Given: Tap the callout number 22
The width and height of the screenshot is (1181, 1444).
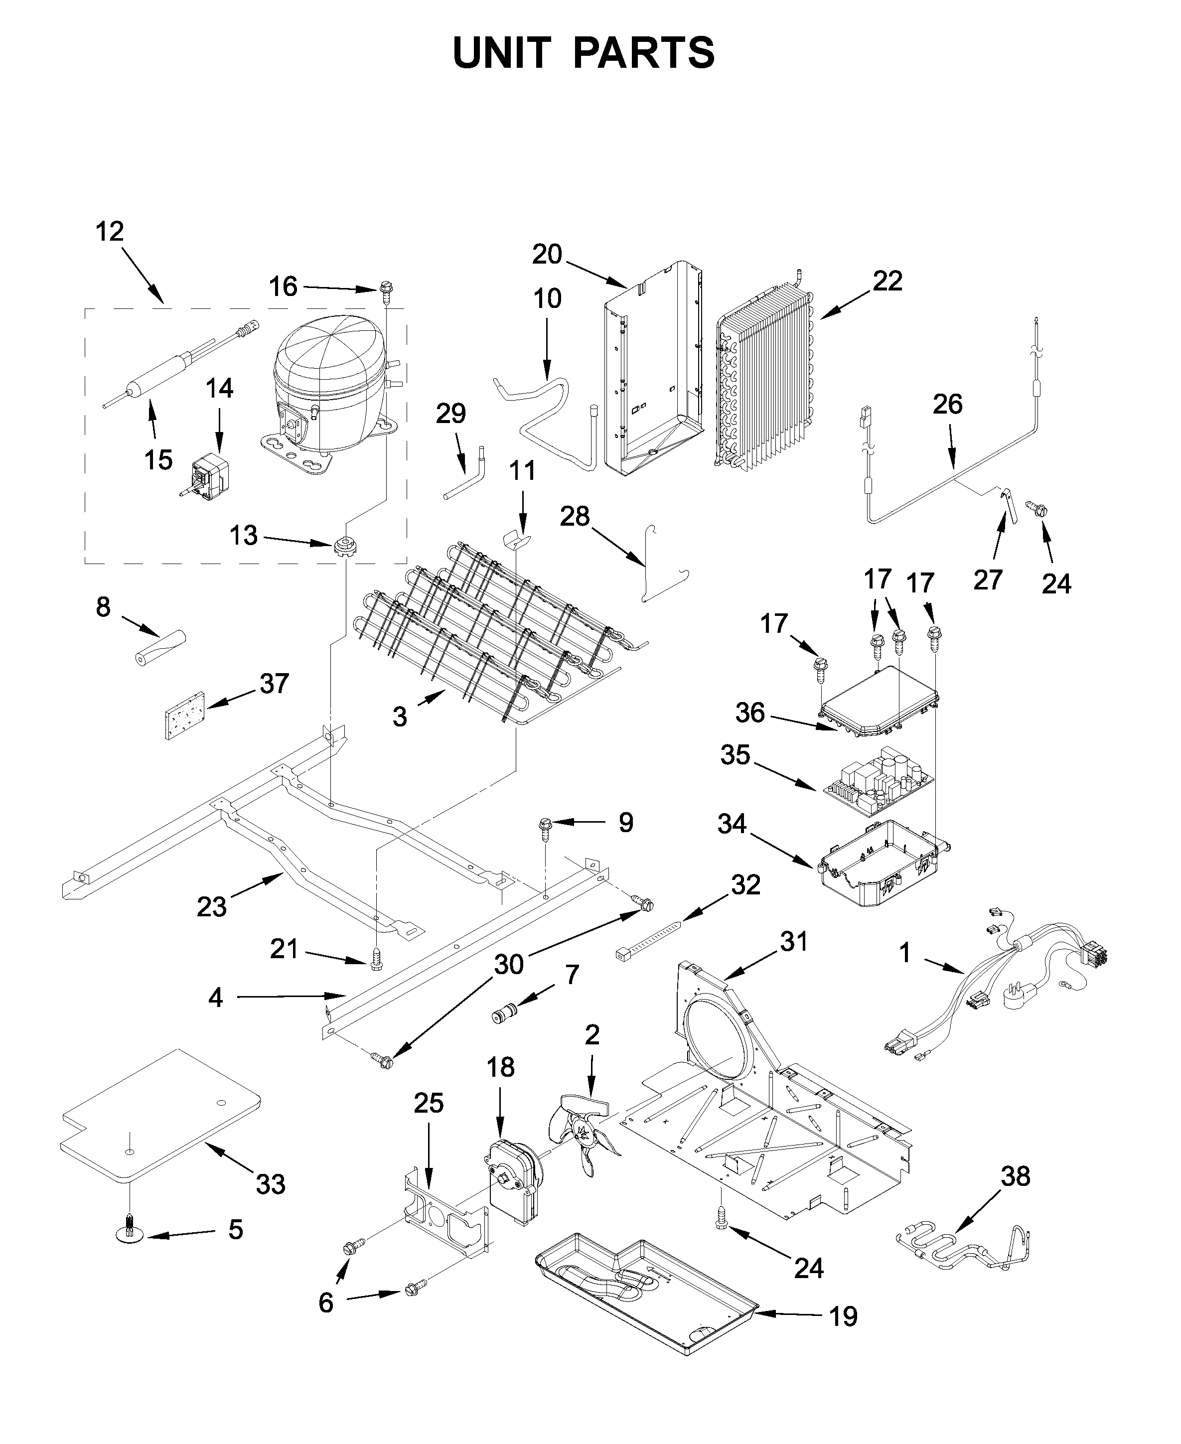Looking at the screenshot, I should pos(887,281).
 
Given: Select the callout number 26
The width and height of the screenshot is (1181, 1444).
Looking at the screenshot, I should pos(947,404).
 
